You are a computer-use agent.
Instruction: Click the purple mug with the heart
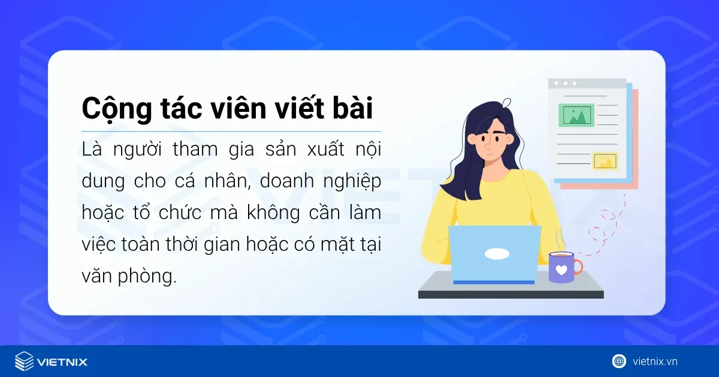coord(561,267)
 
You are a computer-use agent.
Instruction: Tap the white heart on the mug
coord(561,270)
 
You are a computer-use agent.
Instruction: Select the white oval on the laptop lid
coord(497,254)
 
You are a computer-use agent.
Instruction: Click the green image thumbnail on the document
coord(576,115)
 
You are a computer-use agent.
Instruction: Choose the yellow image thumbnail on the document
coord(605,160)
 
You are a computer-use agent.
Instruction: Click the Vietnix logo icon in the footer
coord(24,361)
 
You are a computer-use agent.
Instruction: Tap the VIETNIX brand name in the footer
coord(62,362)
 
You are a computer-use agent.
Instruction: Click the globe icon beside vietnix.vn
coord(619,361)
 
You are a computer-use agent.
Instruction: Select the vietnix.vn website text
coord(655,361)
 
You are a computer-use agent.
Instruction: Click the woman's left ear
coord(473,139)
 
